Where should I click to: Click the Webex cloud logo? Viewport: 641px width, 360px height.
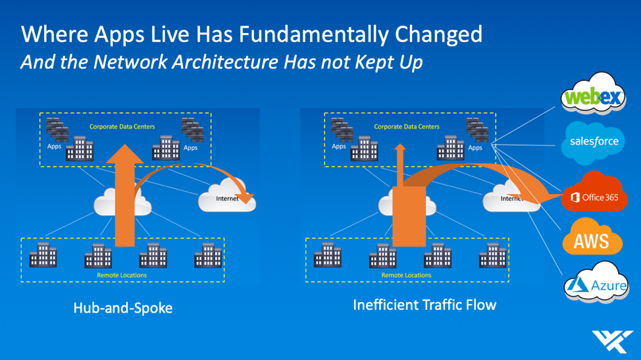(x=593, y=94)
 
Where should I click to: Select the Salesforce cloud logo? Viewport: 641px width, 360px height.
(x=593, y=142)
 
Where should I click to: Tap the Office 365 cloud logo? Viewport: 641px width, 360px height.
(x=594, y=193)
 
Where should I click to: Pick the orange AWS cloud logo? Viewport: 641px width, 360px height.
(x=592, y=238)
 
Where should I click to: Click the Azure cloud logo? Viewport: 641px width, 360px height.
(x=596, y=282)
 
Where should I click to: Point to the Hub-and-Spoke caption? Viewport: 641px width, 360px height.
(x=122, y=308)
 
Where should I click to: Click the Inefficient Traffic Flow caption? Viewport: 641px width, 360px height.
(x=424, y=305)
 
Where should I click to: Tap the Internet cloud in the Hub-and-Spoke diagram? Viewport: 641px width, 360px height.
(x=227, y=197)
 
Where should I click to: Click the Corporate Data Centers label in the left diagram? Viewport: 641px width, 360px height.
(x=122, y=126)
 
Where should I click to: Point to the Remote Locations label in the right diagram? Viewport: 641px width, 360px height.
(x=406, y=275)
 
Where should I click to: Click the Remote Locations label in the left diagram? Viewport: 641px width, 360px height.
(x=122, y=275)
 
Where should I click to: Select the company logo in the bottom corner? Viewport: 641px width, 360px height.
(x=612, y=341)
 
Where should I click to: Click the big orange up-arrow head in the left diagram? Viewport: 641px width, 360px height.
(x=124, y=154)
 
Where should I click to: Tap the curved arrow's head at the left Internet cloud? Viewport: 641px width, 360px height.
(x=247, y=199)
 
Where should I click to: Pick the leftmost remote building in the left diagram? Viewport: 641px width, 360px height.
(x=43, y=255)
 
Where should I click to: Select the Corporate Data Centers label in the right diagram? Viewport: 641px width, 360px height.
(x=407, y=126)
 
